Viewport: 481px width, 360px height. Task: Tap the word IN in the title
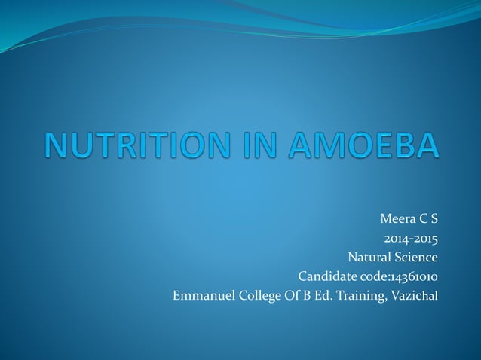[x=262, y=145]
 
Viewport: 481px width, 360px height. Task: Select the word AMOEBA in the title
[x=366, y=145]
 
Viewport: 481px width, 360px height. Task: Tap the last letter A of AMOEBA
[x=425, y=145]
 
